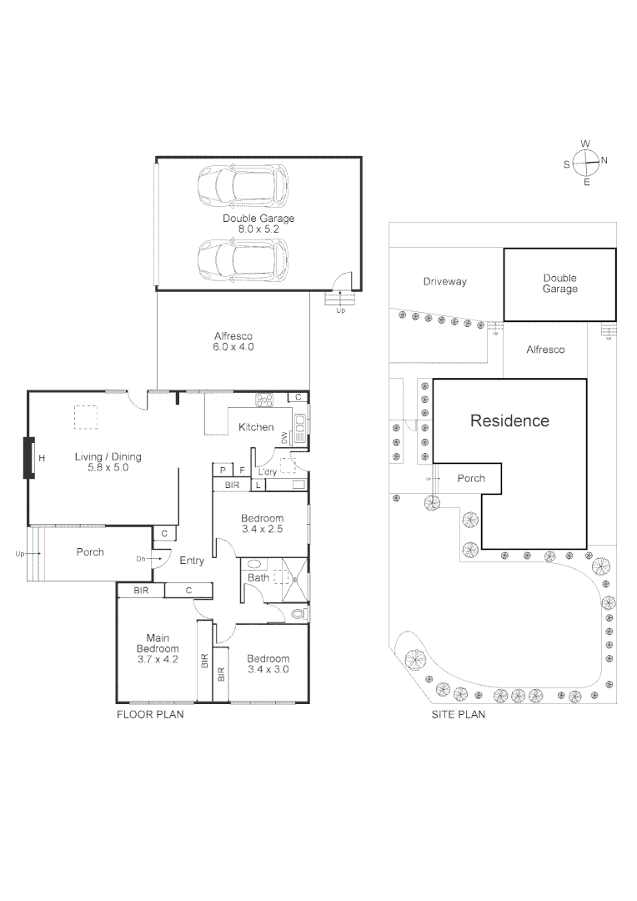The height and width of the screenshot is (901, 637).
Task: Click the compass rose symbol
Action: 586,161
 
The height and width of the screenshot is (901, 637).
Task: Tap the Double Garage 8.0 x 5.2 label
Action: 258,223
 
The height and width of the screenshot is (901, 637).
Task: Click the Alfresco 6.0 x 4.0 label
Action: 233,340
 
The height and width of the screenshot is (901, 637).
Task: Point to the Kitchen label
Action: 256,427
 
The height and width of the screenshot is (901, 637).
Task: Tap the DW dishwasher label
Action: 283,437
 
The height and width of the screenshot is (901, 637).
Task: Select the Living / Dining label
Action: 108,461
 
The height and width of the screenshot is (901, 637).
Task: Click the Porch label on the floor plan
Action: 90,552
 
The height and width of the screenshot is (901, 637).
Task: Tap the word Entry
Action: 192,561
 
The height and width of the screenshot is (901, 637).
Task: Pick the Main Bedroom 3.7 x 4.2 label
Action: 158,648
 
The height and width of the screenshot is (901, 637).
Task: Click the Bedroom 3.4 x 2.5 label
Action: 263,523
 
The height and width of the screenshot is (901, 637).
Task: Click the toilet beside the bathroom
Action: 298,615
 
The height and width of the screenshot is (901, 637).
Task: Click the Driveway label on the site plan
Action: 444,282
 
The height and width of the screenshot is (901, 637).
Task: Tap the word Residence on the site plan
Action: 509,420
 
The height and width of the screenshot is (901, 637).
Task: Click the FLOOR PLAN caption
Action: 149,715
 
